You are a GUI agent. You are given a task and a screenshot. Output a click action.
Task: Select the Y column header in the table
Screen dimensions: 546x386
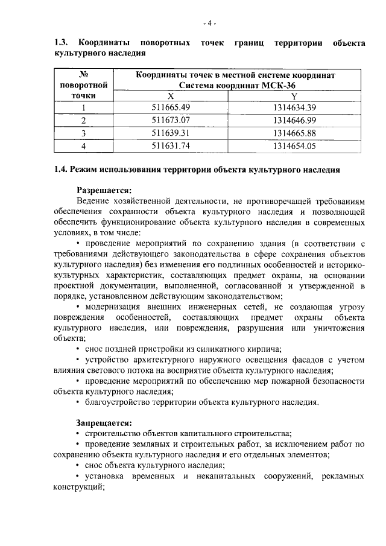[x=294, y=97]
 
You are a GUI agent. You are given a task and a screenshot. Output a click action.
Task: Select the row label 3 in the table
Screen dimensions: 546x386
[x=84, y=133]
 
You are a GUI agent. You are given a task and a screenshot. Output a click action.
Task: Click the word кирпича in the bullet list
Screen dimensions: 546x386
[x=266, y=349]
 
